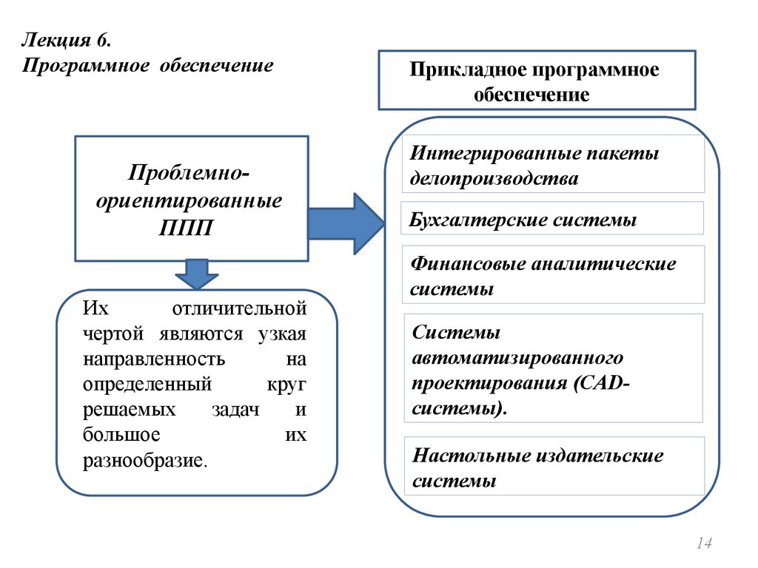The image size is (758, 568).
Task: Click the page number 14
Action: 703,544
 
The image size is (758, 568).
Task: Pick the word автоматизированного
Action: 517,358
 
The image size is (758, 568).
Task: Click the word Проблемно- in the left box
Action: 189,175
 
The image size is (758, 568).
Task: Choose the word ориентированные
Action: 188,200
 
